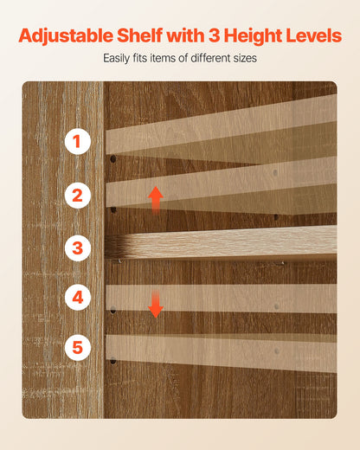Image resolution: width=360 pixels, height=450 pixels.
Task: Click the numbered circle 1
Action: (78, 141)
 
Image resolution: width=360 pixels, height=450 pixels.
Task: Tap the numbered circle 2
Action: (78, 196)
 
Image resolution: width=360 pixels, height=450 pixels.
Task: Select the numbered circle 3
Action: (78, 248)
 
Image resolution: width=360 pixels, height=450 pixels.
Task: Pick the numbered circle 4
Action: (78, 297)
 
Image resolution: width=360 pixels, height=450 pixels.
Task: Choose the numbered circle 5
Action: (78, 347)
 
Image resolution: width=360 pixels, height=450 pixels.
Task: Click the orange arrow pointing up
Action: (156, 200)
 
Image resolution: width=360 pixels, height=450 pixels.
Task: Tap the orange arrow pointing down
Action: (156, 304)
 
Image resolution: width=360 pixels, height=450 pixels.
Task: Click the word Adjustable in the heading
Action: (66, 36)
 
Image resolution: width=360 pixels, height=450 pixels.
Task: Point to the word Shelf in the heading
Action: (140, 35)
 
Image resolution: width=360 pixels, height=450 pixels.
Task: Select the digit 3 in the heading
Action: (214, 35)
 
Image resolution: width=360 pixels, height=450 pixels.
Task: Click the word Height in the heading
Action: (253, 36)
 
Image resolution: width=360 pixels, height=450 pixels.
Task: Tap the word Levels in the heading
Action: (313, 35)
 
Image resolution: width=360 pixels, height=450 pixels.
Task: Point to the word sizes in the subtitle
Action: (245, 58)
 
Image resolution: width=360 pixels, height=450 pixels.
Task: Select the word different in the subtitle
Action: (211, 58)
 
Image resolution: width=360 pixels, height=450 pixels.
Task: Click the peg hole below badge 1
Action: (113, 158)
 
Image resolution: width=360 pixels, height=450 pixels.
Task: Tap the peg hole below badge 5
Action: (113, 361)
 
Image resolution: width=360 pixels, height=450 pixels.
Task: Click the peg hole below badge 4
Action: (113, 311)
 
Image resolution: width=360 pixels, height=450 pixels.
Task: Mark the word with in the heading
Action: (186, 35)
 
